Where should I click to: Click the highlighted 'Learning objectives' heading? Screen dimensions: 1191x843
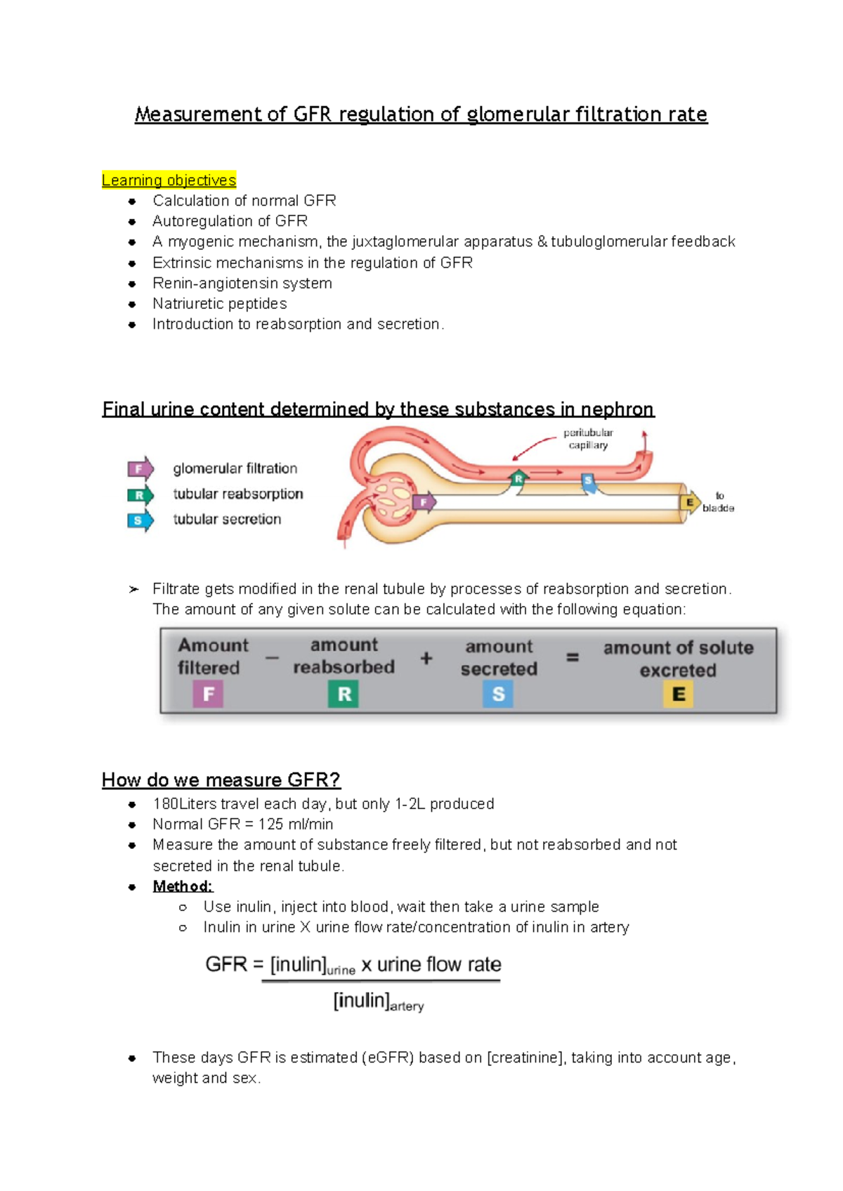coord(169,180)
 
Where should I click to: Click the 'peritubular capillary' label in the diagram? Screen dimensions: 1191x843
coord(588,439)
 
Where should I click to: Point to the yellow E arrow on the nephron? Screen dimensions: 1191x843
coord(690,502)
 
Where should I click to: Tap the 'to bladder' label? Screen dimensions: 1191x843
coord(718,501)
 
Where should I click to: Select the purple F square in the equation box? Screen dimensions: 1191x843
coord(208,695)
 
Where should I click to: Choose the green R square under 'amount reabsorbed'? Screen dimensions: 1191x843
coord(344,695)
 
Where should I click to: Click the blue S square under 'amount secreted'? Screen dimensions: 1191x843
coord(498,695)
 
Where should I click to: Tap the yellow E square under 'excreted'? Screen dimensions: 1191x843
coord(678,695)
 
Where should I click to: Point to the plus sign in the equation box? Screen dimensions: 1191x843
coord(426,659)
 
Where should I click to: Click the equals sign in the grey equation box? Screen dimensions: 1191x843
coord(573,658)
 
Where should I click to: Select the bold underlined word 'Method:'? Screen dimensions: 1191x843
coord(183,886)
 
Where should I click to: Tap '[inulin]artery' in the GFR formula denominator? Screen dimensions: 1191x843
coord(378,1001)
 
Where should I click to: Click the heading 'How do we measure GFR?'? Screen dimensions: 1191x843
coord(221,780)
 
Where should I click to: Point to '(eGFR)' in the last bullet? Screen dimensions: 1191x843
coord(388,1058)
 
